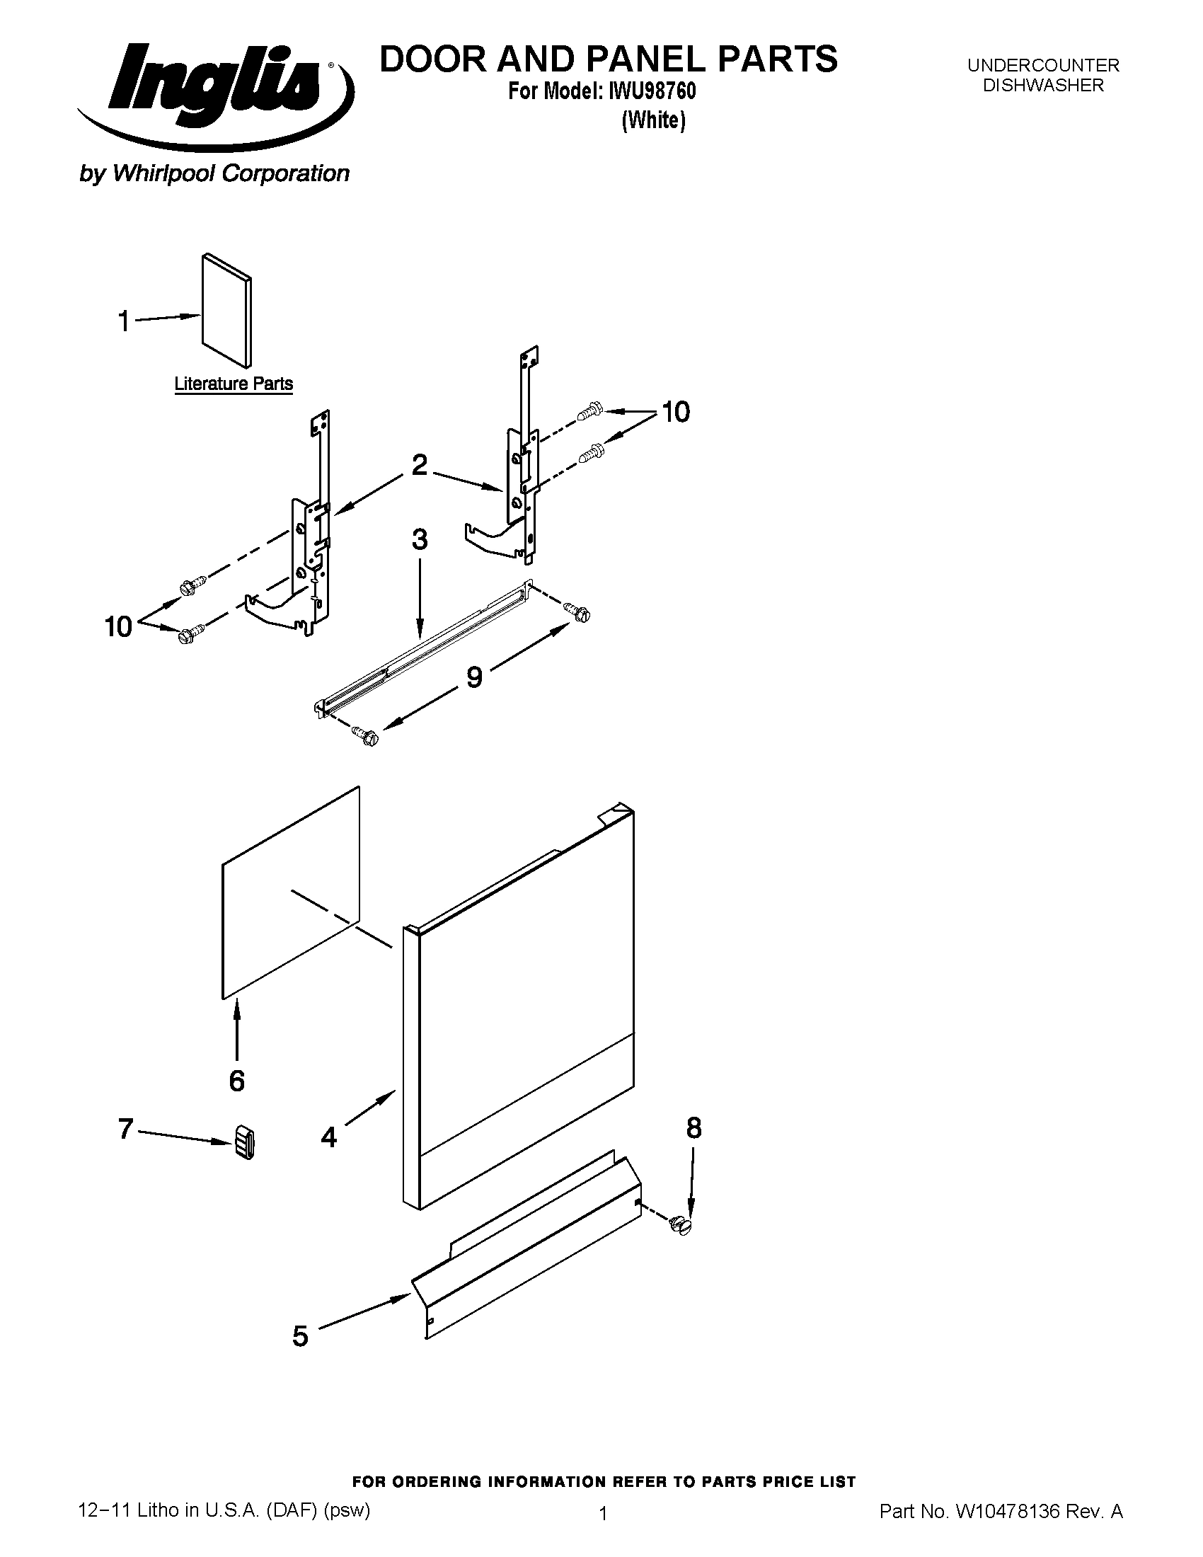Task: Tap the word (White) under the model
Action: [x=653, y=120]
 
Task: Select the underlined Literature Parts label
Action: [x=233, y=384]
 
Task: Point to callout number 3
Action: [x=419, y=540]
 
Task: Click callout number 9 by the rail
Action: [x=474, y=677]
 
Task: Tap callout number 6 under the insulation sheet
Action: [x=236, y=1081]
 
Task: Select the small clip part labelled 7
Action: [x=243, y=1143]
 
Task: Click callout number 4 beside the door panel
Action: [x=328, y=1137]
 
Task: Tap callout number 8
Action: [x=693, y=1128]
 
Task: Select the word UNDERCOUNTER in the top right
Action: [x=1042, y=66]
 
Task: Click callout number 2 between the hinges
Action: [x=420, y=465]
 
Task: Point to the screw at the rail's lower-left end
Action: [x=366, y=736]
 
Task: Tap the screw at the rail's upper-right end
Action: [x=577, y=611]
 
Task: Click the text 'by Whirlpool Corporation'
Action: [x=214, y=173]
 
